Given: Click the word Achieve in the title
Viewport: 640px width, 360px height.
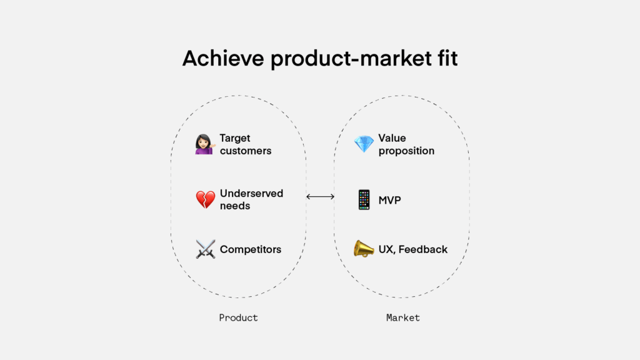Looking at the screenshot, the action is (x=223, y=58).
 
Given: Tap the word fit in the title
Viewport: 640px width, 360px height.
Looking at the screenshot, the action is (x=447, y=58).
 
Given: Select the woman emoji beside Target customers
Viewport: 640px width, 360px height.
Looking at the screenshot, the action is (x=205, y=144).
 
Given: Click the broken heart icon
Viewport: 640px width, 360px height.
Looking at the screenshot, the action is (x=205, y=199).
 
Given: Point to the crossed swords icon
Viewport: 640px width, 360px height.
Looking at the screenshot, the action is (x=205, y=249).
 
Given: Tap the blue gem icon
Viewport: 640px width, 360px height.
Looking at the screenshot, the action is (x=364, y=144).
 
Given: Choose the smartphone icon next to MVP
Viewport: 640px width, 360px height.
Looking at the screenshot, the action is (x=364, y=199).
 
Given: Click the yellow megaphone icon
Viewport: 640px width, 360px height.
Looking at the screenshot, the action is (x=363, y=249).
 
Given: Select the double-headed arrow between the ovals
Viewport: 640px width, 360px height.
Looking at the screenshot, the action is (x=321, y=197).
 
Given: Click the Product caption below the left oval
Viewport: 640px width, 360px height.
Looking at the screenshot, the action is (x=238, y=317).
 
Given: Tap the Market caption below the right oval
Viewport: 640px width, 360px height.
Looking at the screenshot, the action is (x=403, y=317).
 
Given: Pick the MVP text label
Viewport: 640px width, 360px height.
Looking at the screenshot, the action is (x=389, y=201).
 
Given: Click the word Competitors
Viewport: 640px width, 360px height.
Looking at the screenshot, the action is (x=251, y=249).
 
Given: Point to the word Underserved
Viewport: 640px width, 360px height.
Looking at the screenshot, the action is (x=251, y=193).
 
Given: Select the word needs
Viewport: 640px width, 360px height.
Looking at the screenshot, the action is (x=235, y=206).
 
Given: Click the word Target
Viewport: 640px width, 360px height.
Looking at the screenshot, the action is (x=235, y=138).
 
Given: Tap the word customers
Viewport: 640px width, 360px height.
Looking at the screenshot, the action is (x=246, y=151).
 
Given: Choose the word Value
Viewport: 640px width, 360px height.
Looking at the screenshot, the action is (x=392, y=138).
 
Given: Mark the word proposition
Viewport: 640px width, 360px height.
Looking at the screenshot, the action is (x=406, y=151).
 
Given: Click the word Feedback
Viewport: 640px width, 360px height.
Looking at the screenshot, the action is (x=423, y=249).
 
